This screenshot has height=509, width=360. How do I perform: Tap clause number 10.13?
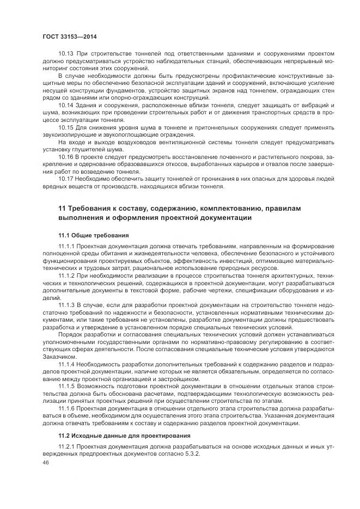(x=66, y=53)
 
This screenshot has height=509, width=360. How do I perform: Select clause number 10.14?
(x=66, y=103)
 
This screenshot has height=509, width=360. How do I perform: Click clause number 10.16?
(x=66, y=157)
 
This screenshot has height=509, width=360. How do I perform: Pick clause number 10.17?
(x=66, y=178)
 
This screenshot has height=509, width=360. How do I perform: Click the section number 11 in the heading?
(x=62, y=208)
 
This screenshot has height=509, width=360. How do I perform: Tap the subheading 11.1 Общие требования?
(x=94, y=236)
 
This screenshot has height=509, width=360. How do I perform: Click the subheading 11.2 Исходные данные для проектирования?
(x=124, y=436)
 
